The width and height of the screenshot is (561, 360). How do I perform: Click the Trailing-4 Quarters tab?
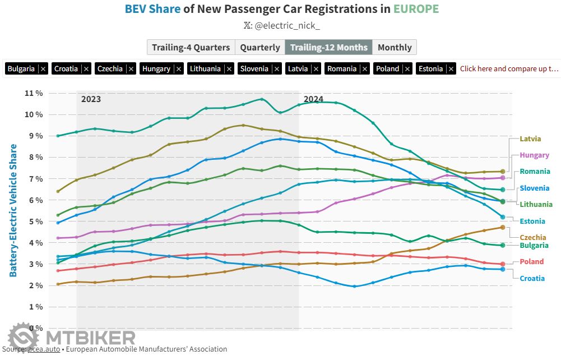tap(191, 47)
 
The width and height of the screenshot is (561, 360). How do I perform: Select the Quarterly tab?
tap(259, 47)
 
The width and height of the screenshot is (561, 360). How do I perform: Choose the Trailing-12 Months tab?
tap(328, 47)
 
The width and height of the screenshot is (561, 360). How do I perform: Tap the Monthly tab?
tap(395, 47)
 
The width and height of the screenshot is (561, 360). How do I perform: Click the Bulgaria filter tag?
tap(21, 68)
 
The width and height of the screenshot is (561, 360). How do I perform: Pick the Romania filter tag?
tap(342, 68)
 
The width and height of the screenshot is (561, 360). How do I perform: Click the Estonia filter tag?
tap(430, 68)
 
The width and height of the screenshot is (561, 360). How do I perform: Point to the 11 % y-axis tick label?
tap(34, 93)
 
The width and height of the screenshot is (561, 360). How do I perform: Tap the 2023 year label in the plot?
tap(91, 99)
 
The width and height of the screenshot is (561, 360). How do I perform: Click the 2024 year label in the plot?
tap(313, 99)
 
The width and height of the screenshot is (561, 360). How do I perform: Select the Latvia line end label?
tap(530, 139)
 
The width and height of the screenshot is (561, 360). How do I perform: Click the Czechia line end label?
tap(533, 238)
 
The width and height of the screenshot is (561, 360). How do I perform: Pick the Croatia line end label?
tap(532, 278)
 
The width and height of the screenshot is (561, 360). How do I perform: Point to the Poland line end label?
tap(531, 261)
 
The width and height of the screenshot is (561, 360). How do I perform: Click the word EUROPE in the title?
tap(415, 9)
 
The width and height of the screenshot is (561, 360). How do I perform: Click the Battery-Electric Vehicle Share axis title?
tap(13, 210)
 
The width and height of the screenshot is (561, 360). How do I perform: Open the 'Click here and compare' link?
tap(509, 68)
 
